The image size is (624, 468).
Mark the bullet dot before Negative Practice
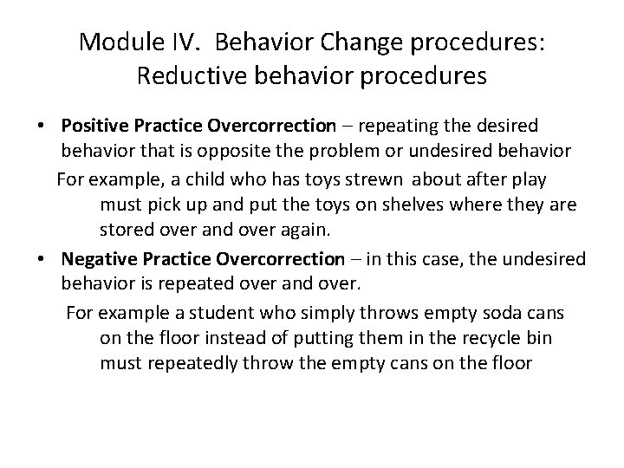point(42,259)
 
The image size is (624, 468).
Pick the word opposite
point(270,152)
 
